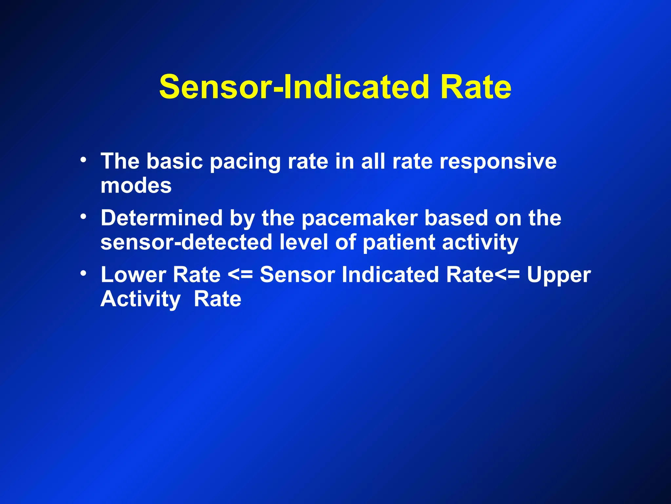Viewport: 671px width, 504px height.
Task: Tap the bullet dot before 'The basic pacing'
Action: click(x=84, y=160)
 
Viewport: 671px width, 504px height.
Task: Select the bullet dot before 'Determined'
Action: click(x=84, y=217)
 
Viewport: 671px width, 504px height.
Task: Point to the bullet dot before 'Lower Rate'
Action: click(x=84, y=273)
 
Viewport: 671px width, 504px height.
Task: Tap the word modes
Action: click(x=136, y=186)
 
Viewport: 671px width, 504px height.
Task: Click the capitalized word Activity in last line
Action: click(x=141, y=299)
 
